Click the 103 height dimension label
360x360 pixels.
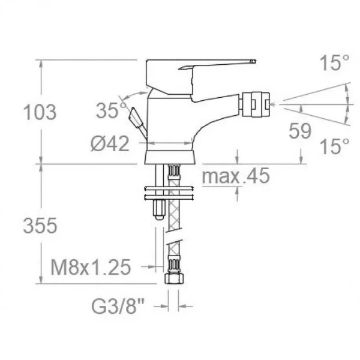coord(40,112)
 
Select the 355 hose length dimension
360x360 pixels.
coord(40,226)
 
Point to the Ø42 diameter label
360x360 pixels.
coord(110,144)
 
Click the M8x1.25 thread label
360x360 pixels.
coord(91,267)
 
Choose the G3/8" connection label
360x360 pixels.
coord(118,306)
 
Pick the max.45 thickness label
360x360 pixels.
coord(236,176)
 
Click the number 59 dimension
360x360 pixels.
coord(300,131)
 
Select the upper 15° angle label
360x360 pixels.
coord(334,63)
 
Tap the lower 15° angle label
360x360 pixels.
coord(334,146)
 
